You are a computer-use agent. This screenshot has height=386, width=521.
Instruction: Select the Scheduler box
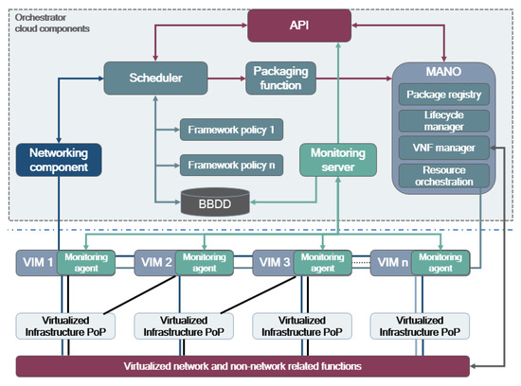pyautogui.click(x=142, y=78)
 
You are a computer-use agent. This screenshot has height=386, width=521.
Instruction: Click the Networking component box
pyautogui.click(x=58, y=158)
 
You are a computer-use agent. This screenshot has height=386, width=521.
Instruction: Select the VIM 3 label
pyautogui.click(x=272, y=262)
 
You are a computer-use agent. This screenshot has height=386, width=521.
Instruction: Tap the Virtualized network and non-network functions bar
pyautogui.click(x=243, y=365)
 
